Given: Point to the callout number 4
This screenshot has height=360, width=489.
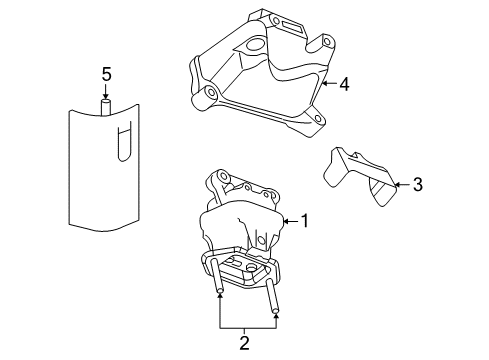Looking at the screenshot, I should [x=343, y=84].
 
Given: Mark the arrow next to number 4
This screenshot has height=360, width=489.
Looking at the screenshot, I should [x=327, y=84].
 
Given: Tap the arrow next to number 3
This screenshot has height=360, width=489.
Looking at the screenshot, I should [x=400, y=183].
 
